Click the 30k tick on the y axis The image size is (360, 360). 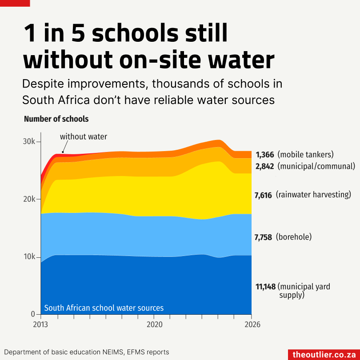click(x=30, y=142)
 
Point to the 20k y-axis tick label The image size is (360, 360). click(x=30, y=199)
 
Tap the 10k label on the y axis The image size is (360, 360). click(x=30, y=257)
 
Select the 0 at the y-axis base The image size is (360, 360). click(x=33, y=314)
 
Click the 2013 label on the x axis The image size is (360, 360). click(x=41, y=324)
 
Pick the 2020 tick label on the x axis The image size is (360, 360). click(x=154, y=324)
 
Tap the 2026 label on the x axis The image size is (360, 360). click(x=252, y=324)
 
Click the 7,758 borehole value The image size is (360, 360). click(x=263, y=237)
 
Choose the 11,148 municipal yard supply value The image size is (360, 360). click(x=266, y=287)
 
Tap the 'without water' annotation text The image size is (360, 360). click(x=84, y=136)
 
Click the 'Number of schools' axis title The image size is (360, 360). click(x=56, y=119)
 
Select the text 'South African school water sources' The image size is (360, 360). click(x=104, y=308)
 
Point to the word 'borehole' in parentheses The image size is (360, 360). click(x=294, y=237)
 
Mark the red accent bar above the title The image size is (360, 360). click(x=15, y=3)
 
